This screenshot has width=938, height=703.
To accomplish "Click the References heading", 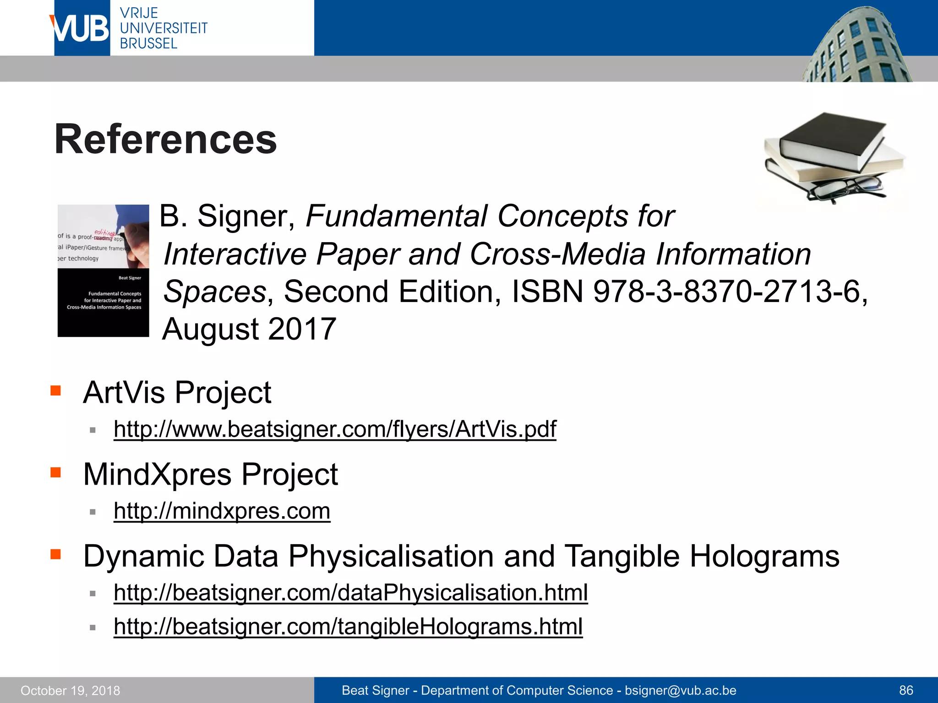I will (165, 139).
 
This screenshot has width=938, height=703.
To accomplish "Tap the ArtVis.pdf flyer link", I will (335, 429).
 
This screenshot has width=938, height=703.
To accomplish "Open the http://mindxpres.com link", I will (222, 511).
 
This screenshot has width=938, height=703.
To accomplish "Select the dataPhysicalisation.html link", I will (350, 592).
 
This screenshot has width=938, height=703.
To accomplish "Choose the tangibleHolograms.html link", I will (348, 626).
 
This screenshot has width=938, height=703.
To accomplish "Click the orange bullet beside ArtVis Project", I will (56, 391).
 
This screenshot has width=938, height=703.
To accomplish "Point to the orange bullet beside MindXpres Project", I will (56, 472).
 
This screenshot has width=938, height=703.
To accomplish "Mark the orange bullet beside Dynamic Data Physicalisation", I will (56, 554).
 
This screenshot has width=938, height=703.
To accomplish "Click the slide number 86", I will (906, 690).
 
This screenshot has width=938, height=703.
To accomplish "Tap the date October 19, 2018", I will (71, 691).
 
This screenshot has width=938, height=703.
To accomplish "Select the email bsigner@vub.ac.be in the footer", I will (681, 690).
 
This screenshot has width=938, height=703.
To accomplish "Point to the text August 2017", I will (250, 329).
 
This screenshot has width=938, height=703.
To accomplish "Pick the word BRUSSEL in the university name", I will (148, 43).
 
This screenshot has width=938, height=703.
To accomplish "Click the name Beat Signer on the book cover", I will (130, 278).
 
